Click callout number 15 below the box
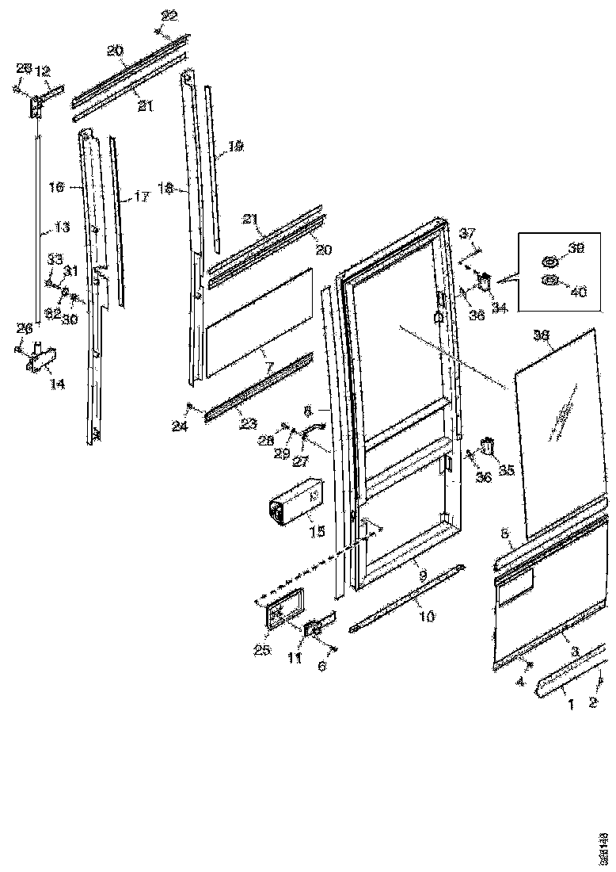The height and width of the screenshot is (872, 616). click(317, 532)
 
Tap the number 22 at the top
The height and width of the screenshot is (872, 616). click(169, 16)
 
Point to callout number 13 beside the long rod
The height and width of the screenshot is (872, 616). click(60, 228)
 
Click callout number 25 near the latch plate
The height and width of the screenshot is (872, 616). click(262, 650)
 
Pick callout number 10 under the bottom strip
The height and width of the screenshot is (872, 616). click(425, 616)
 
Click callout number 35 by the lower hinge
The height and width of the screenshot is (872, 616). click(505, 470)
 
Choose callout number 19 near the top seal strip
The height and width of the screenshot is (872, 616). click(235, 147)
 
